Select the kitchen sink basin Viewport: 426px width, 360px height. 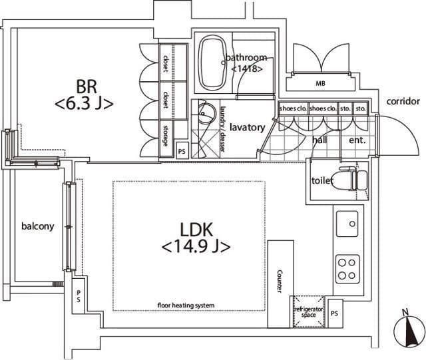347,224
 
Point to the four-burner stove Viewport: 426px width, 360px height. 347,270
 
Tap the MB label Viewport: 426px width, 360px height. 320,83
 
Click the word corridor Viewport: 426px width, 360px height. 403,101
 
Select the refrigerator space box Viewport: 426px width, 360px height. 309,311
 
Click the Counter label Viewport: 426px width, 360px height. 280,281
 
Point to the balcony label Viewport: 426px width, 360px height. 38,226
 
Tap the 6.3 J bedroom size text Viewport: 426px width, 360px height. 84,104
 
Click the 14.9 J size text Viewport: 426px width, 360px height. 196,247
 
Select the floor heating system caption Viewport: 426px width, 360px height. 186,305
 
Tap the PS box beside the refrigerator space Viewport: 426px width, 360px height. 335,313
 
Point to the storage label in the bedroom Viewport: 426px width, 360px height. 165,135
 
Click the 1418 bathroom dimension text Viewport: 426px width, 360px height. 247,69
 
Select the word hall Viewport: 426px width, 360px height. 319,140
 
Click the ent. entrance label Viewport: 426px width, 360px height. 357,140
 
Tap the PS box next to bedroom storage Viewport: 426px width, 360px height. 182,151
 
